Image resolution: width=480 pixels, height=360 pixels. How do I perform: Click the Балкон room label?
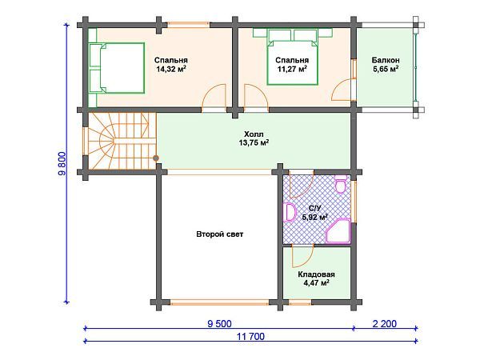pos(386,60)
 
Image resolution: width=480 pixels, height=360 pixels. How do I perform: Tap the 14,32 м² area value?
pos(171,69)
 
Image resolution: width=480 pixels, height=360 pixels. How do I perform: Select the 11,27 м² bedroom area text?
pos(292,69)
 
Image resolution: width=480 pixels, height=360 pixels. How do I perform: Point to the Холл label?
pos(254,134)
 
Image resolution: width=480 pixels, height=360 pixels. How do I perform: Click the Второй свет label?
pos(220,234)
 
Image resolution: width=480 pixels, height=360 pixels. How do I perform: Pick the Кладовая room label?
pos(316,274)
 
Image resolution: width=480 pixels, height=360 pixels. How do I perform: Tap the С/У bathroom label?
pos(315,209)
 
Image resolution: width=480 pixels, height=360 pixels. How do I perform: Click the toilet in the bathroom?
pos(341,184)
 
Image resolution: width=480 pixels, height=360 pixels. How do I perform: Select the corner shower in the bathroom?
pos(338,231)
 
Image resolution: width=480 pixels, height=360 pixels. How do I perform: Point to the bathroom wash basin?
pos(290,213)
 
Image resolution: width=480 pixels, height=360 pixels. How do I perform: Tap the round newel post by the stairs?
pos(156,158)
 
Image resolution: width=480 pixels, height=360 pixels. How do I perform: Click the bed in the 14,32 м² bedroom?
pos(117,68)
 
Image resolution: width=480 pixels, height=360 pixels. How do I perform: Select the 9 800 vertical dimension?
pos(62,163)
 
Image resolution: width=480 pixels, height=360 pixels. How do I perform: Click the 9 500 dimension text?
pos(219,323)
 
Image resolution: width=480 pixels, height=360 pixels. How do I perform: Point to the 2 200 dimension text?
pos(385,323)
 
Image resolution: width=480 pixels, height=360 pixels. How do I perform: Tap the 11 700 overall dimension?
pos(250,337)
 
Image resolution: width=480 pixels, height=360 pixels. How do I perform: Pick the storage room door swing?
pos(302,256)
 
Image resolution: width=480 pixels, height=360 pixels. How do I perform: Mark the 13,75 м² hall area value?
pos(254,142)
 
